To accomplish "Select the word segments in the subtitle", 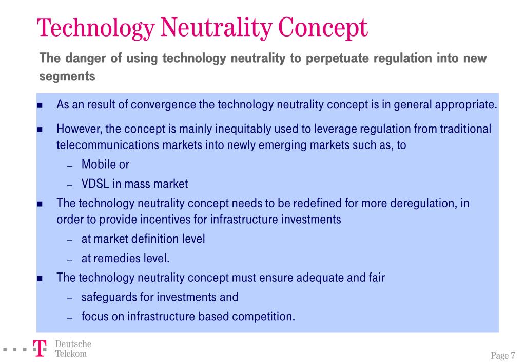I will (67, 76).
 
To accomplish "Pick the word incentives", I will (175, 220).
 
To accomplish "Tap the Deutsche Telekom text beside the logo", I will (73, 349).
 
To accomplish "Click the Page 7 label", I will (503, 356).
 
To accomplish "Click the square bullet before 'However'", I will (40, 129).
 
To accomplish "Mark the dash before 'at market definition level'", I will (70, 240).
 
